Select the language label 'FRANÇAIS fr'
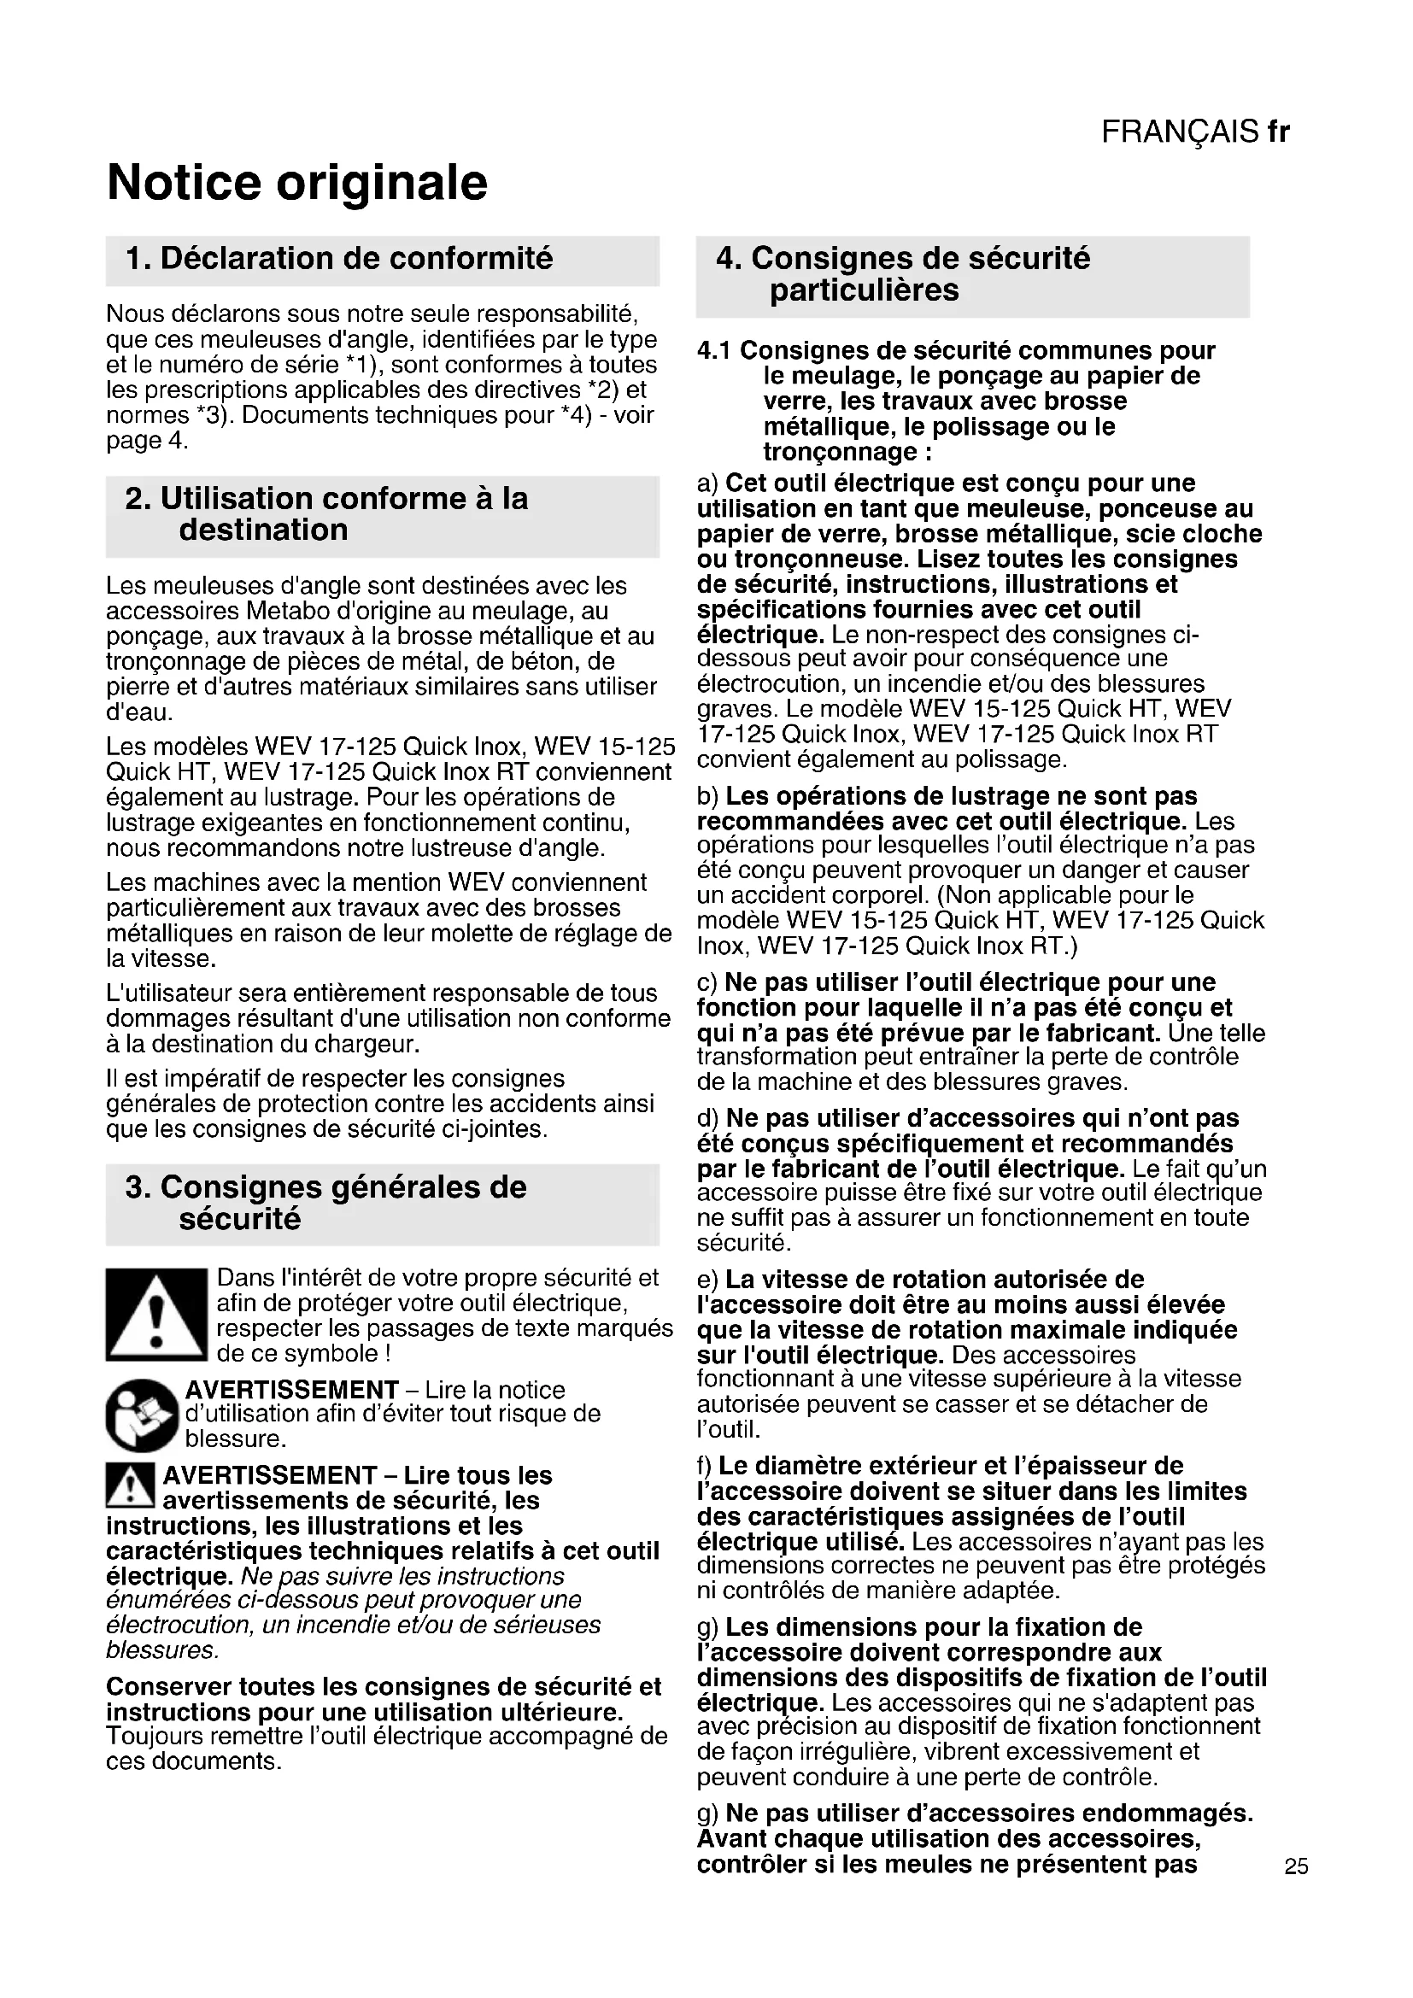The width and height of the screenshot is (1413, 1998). point(1194,132)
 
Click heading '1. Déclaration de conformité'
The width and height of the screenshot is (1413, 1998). point(339,259)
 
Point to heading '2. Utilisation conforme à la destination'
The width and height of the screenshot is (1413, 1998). point(326,513)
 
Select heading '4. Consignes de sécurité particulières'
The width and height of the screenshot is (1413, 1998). point(902,274)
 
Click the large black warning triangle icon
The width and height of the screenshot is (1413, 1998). point(155,1314)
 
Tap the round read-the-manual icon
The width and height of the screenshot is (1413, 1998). point(142,1415)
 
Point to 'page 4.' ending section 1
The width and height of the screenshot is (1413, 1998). point(147,440)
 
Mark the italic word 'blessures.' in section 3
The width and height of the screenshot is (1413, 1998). point(161,1651)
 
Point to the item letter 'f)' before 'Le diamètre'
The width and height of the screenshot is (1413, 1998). point(706,1467)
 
